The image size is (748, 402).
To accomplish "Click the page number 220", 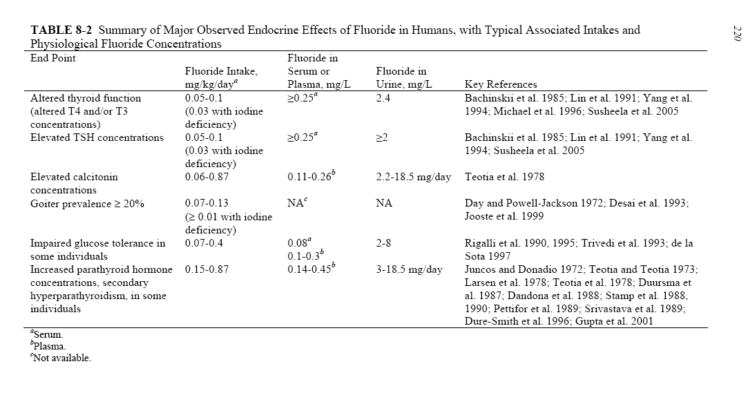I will point(736,32).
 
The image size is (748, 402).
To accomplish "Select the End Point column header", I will point(53,58).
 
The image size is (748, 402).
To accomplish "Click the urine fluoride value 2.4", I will point(384,98).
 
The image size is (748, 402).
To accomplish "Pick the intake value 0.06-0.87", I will point(207,177).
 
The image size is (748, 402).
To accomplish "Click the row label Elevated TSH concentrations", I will point(97,137).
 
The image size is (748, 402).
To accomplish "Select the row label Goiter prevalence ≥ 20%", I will point(87,204).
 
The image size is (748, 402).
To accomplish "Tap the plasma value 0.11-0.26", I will point(310,177).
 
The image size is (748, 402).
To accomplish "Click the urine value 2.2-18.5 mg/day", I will point(413,177).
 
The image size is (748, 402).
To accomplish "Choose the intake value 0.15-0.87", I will point(207,269).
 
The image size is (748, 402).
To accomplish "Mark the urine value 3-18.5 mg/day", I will point(409,269).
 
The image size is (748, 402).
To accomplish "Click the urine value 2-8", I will point(384,243).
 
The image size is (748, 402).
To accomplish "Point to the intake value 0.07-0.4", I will point(204,243).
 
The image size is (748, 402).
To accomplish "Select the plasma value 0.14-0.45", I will point(310,269).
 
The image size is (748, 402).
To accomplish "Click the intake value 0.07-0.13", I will point(207,204).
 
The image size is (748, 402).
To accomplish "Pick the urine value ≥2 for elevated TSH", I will point(381,137).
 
